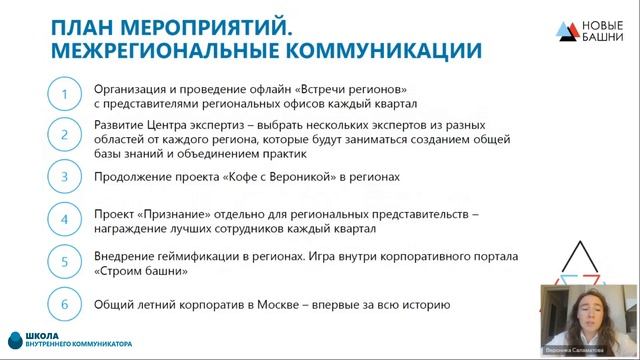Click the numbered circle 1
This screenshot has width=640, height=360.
click(x=65, y=95)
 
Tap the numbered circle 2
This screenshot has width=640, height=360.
click(x=65, y=136)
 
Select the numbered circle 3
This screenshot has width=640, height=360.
click(x=65, y=176)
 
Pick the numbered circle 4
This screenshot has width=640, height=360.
click(x=65, y=218)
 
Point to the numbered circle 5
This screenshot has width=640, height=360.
click(x=65, y=262)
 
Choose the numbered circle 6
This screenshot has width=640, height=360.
click(x=65, y=304)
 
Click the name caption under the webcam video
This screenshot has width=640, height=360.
click(x=584, y=353)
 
